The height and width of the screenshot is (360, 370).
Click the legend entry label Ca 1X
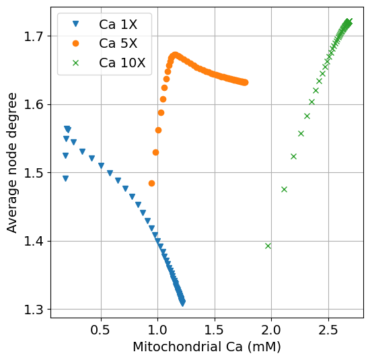coord(118,24)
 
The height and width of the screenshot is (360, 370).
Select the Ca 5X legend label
coord(118,44)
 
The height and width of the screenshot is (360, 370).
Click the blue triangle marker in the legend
coord(75,24)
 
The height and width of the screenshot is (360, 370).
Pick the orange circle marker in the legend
coord(75,44)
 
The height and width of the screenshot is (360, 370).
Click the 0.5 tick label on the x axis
coord(101,331)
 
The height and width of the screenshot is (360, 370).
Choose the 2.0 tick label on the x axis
coord(271,331)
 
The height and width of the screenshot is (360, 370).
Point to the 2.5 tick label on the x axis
coord(328,331)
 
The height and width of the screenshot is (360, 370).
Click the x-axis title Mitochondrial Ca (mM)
coord(207,347)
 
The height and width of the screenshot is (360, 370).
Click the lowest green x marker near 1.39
coord(268,246)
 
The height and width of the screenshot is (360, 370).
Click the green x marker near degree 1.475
coord(284,189)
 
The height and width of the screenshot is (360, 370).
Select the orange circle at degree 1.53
coord(155,152)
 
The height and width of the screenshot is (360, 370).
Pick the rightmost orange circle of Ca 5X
coord(246,83)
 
